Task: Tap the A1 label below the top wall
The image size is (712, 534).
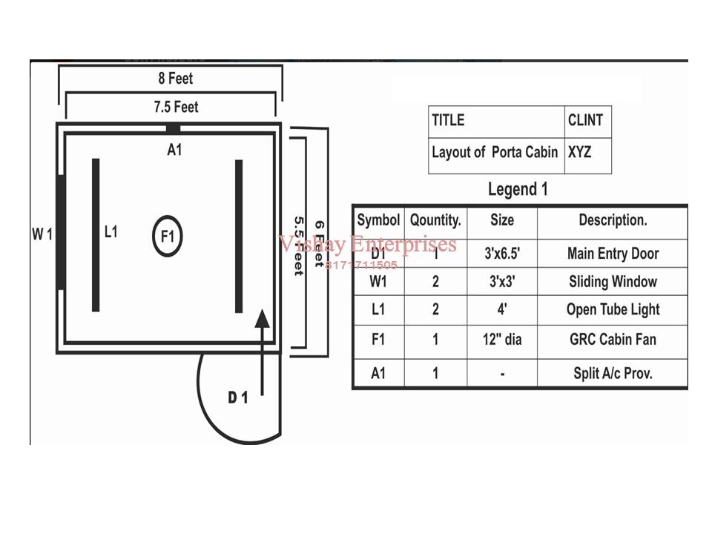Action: [x=174, y=149]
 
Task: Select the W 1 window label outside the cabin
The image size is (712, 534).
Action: [x=42, y=234]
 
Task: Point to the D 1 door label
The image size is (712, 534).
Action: [x=238, y=398]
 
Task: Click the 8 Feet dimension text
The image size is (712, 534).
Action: [x=175, y=78]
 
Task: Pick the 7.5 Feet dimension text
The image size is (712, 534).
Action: [x=177, y=107]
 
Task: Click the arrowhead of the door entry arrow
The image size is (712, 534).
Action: [x=262, y=318]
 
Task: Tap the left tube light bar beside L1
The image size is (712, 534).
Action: [x=96, y=235]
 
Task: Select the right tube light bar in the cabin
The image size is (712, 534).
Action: [x=239, y=236]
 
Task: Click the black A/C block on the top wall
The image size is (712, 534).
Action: [x=173, y=128]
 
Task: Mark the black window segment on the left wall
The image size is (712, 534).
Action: [x=60, y=232]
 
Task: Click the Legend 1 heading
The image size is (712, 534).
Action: [x=518, y=189]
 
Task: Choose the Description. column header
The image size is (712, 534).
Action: [x=613, y=220]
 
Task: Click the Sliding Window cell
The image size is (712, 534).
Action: [x=613, y=282]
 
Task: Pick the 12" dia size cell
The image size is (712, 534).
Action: [x=502, y=339]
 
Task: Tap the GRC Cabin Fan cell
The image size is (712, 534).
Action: [x=613, y=339]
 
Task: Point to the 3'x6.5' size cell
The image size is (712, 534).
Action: [x=502, y=254]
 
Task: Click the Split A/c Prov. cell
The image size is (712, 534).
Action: [x=613, y=373]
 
